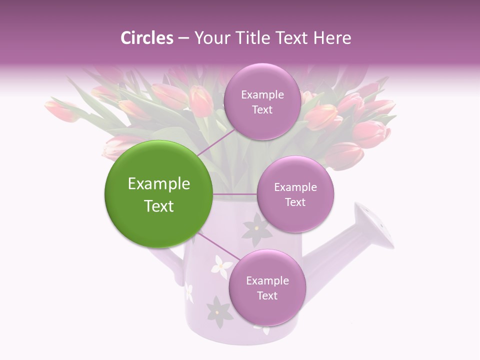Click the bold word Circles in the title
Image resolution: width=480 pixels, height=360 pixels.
(x=146, y=38)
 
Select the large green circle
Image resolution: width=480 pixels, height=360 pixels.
(x=158, y=194)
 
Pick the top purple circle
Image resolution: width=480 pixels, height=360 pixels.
(x=262, y=101)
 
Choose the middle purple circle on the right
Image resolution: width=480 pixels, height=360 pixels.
(x=295, y=194)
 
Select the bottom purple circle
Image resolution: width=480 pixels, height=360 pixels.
(x=267, y=287)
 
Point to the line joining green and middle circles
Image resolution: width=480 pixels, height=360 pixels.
(x=235, y=194)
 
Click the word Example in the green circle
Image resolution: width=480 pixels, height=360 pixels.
(x=158, y=184)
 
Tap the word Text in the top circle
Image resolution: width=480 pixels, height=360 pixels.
(x=262, y=109)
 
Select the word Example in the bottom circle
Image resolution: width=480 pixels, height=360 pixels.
(x=267, y=280)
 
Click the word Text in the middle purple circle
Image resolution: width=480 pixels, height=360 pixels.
(x=295, y=202)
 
